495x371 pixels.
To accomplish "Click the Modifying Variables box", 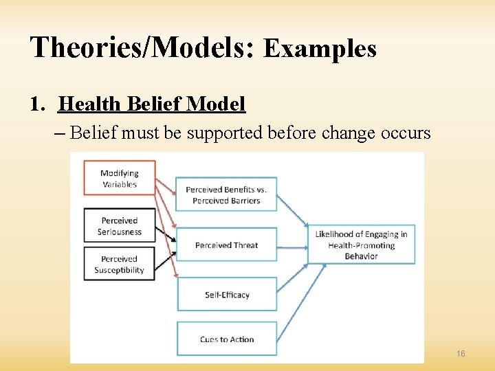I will pos(119,179).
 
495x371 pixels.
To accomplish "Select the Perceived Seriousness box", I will pos(119,225).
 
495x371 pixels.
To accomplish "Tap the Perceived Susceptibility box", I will pos(119,265).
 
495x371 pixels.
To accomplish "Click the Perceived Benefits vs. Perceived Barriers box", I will pos(226,195).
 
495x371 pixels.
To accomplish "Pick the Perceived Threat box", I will pos(226,245).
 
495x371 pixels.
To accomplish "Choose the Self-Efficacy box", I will pos(226,295).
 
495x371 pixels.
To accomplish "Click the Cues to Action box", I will pos(226,339).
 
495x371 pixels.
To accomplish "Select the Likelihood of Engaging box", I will pos(361,245).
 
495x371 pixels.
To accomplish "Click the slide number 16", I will pos(461,353).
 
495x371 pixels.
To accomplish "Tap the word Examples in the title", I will pos(320,49).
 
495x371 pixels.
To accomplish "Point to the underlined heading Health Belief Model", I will pos(152,104).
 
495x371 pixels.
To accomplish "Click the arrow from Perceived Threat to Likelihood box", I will pos(291,245).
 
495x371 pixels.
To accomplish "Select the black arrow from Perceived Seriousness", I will pos(166,234).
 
